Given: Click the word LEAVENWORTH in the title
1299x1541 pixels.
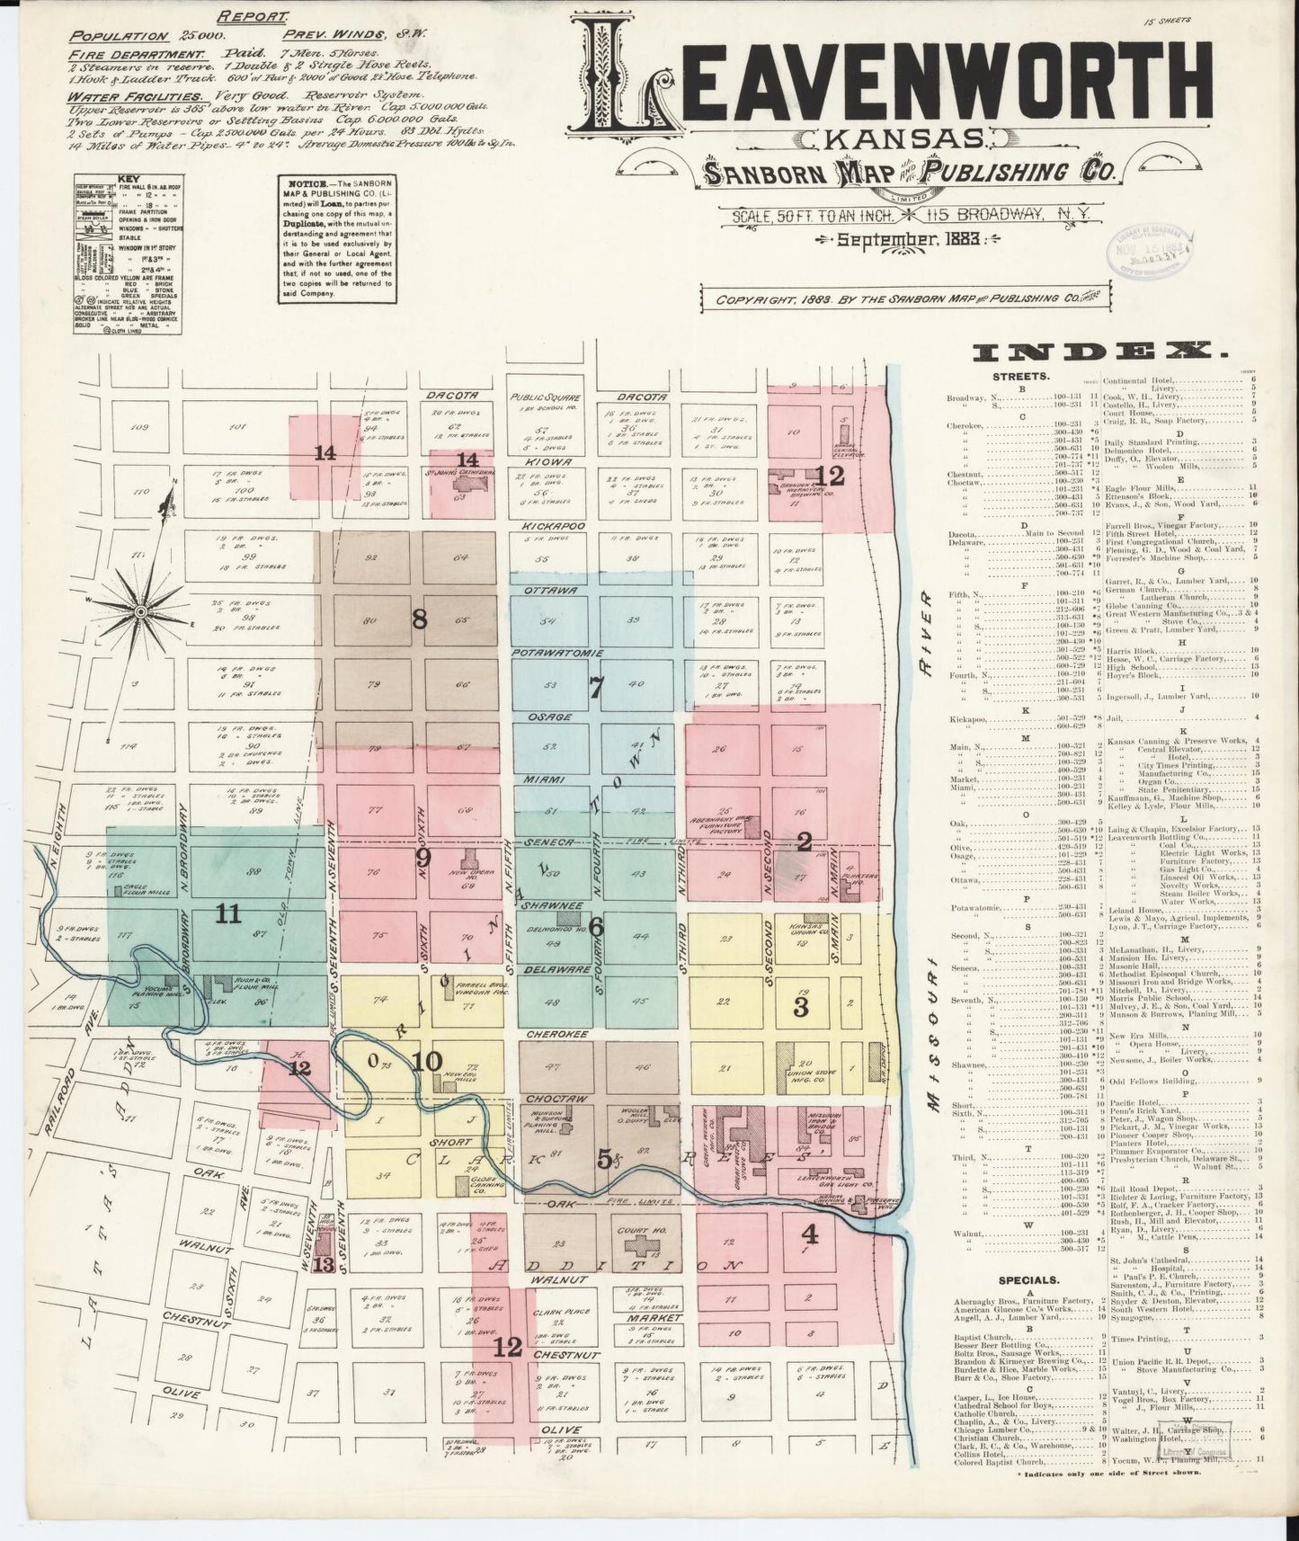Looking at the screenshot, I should coord(899,86).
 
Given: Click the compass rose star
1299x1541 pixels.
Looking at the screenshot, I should coord(141,611).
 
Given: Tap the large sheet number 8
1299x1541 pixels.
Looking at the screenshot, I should coord(418,619).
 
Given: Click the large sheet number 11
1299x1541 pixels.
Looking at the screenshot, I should coord(228,914).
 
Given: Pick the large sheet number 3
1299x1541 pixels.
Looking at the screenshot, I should coord(800,1006).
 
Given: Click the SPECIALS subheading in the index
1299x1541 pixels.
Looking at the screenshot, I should coord(1029,1278).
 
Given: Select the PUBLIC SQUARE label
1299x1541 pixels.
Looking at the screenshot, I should coord(546,396).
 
